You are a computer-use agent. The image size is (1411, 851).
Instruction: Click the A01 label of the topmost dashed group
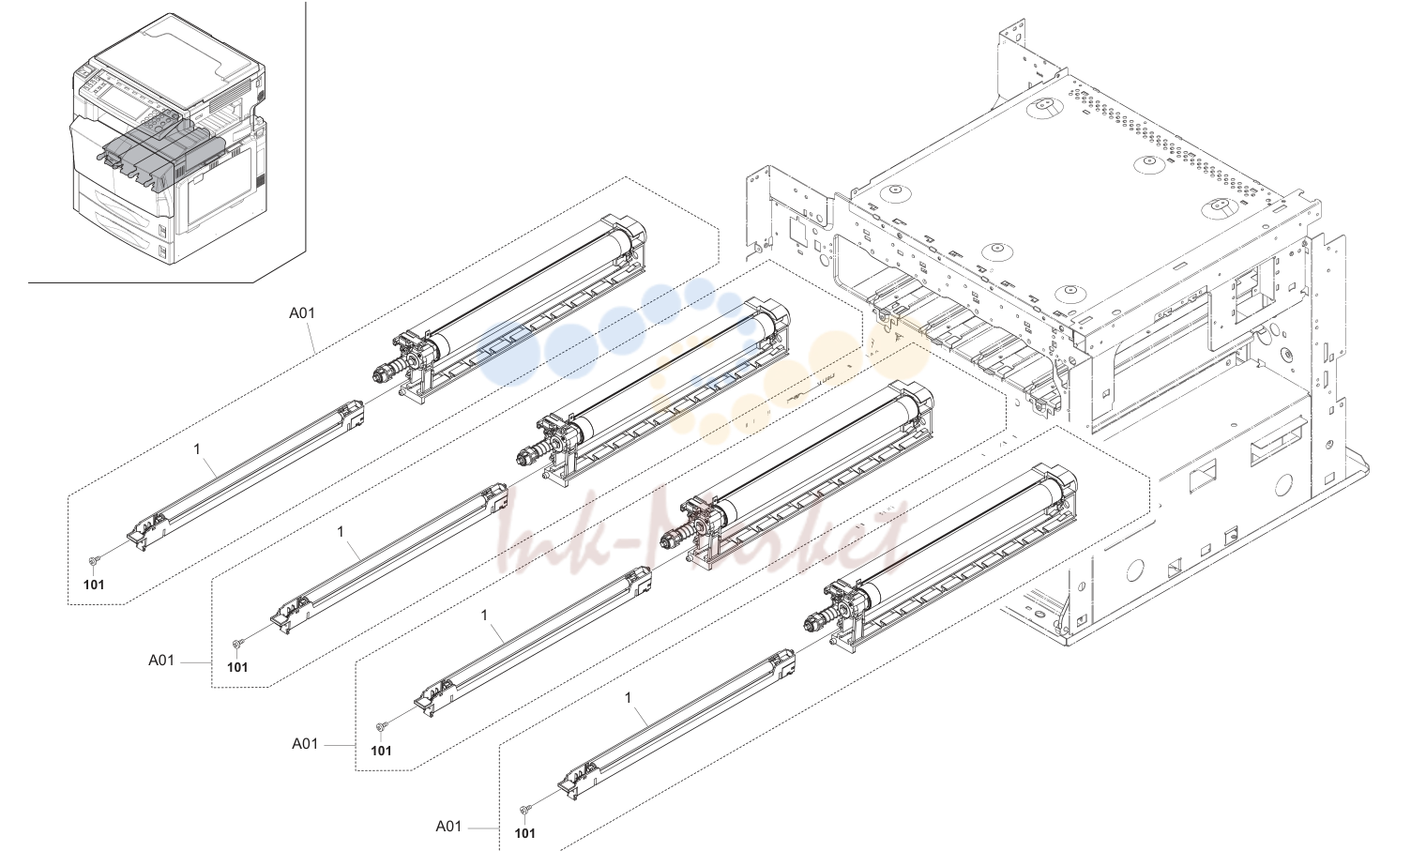point(302,313)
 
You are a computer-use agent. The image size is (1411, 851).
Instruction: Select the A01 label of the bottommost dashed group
point(448,826)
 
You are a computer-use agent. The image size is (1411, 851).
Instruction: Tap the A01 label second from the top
point(161,661)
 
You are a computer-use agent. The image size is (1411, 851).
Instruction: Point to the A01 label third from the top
point(305,744)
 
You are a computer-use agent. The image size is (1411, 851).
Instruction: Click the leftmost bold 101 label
point(94,585)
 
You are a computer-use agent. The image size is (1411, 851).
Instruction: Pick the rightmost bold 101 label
point(524,834)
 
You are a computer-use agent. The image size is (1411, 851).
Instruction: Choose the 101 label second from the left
point(237,668)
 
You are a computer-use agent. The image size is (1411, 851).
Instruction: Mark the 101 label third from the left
point(381,751)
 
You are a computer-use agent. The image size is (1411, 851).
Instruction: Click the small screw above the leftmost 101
point(93,560)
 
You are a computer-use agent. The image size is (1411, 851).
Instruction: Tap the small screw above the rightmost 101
point(524,809)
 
